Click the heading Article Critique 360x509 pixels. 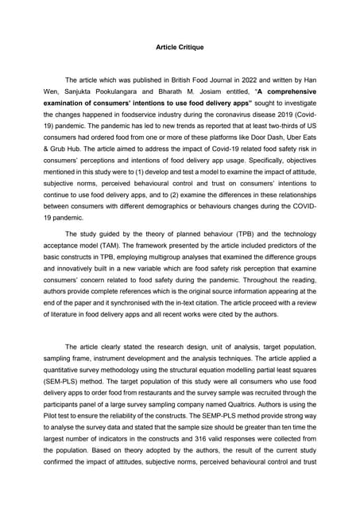pyautogui.click(x=180, y=48)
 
